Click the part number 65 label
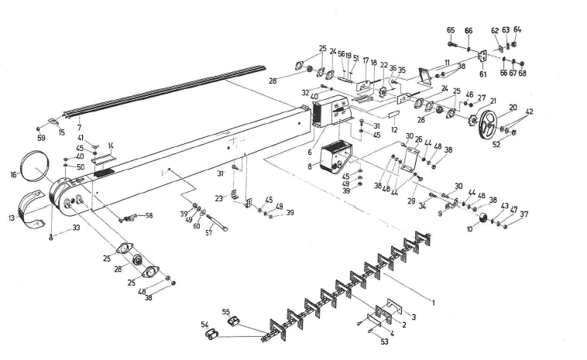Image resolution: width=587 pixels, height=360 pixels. click(451, 29)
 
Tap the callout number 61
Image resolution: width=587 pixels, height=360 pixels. click(483, 75)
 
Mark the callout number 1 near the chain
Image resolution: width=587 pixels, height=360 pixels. click(433, 303)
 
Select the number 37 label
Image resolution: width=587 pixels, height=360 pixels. click(524, 214)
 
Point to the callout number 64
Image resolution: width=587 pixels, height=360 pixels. click(517, 29)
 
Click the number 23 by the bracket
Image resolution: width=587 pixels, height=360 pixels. click(221, 199)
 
